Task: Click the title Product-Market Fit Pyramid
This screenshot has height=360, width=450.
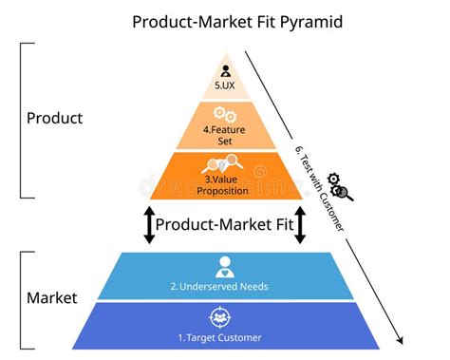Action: (224, 20)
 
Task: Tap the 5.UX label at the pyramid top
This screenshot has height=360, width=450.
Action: (224, 85)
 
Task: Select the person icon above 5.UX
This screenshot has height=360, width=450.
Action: (224, 69)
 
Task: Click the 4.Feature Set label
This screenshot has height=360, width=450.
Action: (224, 134)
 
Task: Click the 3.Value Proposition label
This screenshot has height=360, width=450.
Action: (224, 184)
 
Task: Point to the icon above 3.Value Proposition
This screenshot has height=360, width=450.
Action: (224, 164)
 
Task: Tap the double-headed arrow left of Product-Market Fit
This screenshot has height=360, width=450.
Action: (149, 225)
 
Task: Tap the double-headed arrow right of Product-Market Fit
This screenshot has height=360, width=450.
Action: (300, 225)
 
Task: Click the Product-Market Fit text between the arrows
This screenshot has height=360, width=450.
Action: (224, 225)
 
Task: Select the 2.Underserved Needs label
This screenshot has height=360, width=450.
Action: (224, 286)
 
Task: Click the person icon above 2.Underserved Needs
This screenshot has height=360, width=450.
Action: (224, 267)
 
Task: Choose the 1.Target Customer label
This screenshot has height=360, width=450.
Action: (224, 336)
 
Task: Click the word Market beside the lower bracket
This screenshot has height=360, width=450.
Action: (51, 299)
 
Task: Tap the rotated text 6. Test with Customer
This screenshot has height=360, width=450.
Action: (319, 190)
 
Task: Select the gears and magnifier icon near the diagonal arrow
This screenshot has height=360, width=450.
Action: (339, 186)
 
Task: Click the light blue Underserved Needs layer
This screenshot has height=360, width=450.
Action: (285, 275)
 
